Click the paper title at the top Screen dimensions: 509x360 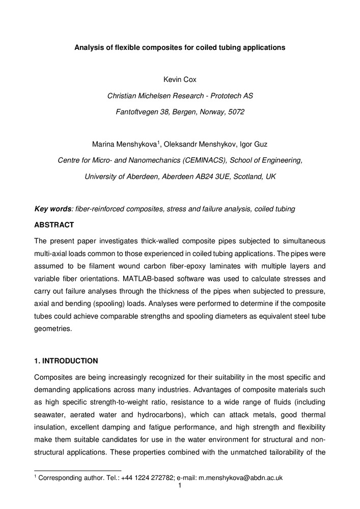tap(180, 48)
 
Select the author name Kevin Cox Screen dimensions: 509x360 tap(180, 80)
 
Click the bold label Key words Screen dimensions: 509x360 tap(52, 209)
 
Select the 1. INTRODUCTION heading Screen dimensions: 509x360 tap(66, 361)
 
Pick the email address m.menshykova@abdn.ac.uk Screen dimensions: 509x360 tap(240, 478)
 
